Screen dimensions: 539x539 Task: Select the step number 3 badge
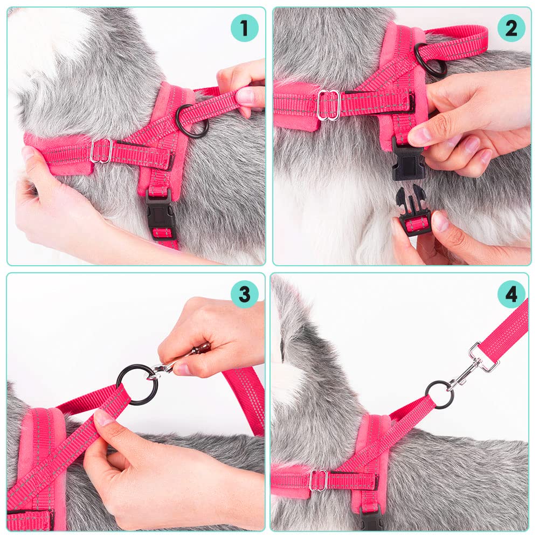(244, 294)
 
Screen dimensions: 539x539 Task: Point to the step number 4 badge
(511, 294)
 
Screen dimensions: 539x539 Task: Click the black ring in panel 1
(192, 121)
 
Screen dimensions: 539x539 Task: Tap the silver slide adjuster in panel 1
(101, 151)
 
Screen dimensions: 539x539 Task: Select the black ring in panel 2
(430, 60)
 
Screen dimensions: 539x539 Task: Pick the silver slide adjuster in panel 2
(328, 105)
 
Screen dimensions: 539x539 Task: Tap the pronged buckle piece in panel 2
(413, 213)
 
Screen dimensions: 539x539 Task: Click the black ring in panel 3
(137, 384)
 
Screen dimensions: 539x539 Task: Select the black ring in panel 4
(439, 395)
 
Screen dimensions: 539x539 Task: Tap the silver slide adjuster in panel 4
(318, 480)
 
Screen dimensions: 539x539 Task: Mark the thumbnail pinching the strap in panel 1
(245, 97)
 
